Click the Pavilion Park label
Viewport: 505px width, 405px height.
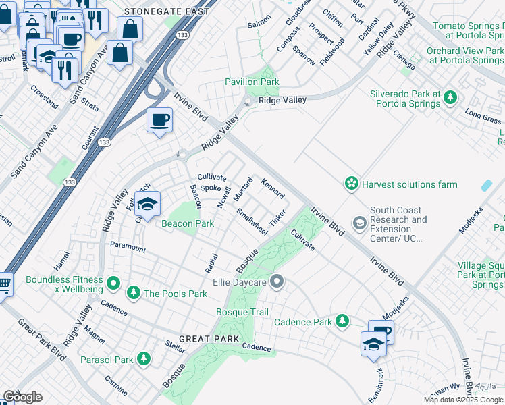(x=251, y=82)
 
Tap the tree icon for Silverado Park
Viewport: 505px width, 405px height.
(x=448, y=100)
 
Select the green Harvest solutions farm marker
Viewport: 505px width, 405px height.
(x=351, y=184)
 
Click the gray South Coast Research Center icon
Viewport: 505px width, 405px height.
(x=359, y=222)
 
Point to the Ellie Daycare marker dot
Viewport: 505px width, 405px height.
(x=275, y=281)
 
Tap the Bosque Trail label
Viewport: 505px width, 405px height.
(x=242, y=312)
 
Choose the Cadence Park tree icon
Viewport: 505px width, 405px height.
(x=343, y=321)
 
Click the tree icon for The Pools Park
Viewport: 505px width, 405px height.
(x=133, y=292)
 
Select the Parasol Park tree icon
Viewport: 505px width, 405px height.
(x=143, y=359)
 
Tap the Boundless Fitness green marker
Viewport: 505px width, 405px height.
(x=113, y=281)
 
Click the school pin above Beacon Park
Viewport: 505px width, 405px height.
(x=147, y=202)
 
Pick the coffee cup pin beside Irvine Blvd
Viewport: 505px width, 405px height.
(x=159, y=120)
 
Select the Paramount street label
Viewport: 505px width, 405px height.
(x=128, y=248)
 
